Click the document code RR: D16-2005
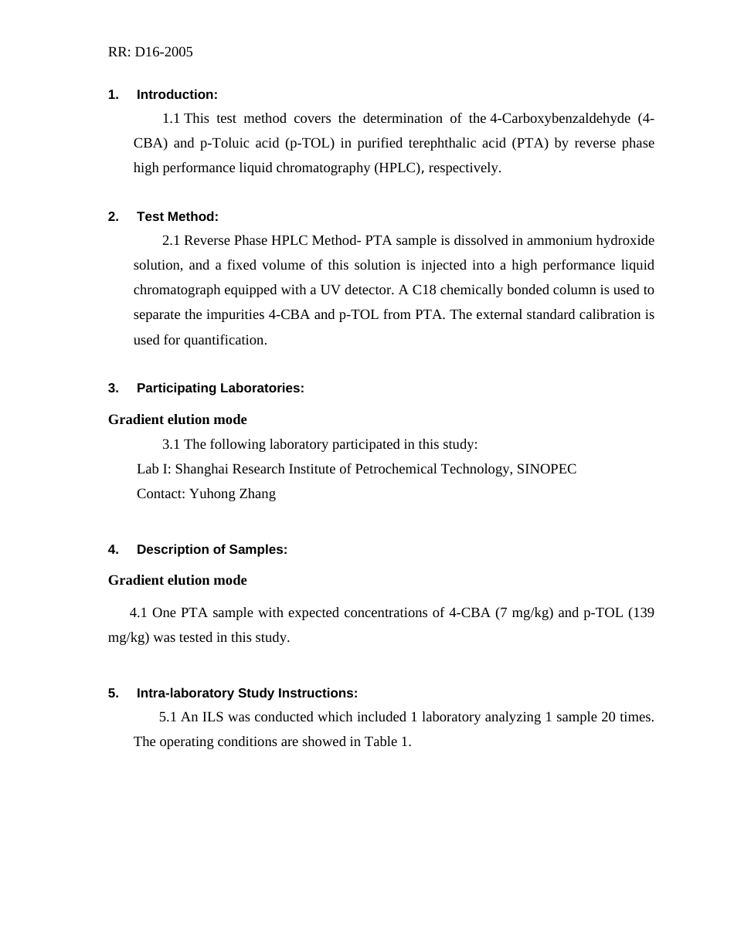pos(151,53)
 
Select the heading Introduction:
pos(177,95)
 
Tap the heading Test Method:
pos(177,217)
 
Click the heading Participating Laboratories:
pos(220,388)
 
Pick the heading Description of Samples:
pos(212,550)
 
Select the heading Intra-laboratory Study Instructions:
pos(246,694)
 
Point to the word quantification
pos(226,341)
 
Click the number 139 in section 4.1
pos(641,613)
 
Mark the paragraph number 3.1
pos(171,445)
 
